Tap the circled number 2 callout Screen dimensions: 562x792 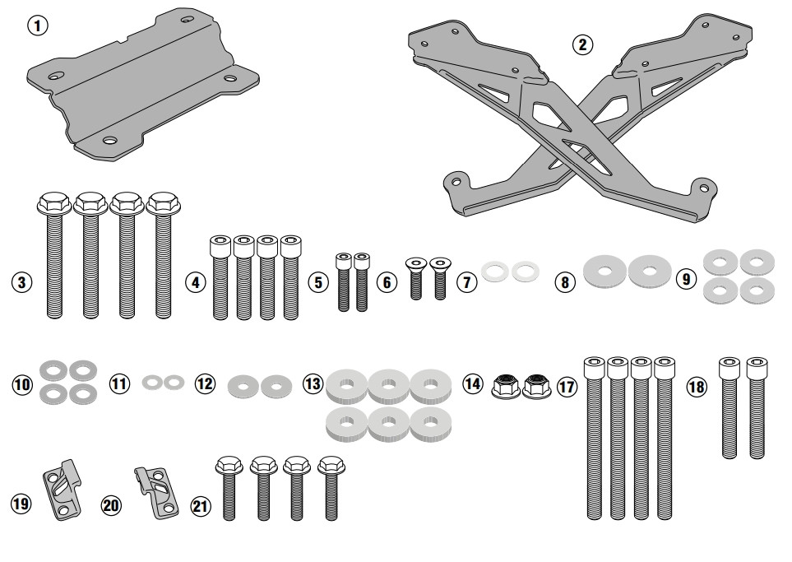[x=582, y=45]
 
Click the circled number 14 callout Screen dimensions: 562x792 [x=472, y=384]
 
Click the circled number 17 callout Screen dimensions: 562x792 [x=567, y=386]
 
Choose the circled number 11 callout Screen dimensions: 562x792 [x=121, y=383]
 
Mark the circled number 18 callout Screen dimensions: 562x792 [x=697, y=386]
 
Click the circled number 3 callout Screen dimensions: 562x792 [x=22, y=282]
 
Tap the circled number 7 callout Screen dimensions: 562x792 [x=466, y=282]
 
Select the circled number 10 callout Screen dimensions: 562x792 [x=22, y=383]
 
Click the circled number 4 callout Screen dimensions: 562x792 [x=195, y=282]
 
